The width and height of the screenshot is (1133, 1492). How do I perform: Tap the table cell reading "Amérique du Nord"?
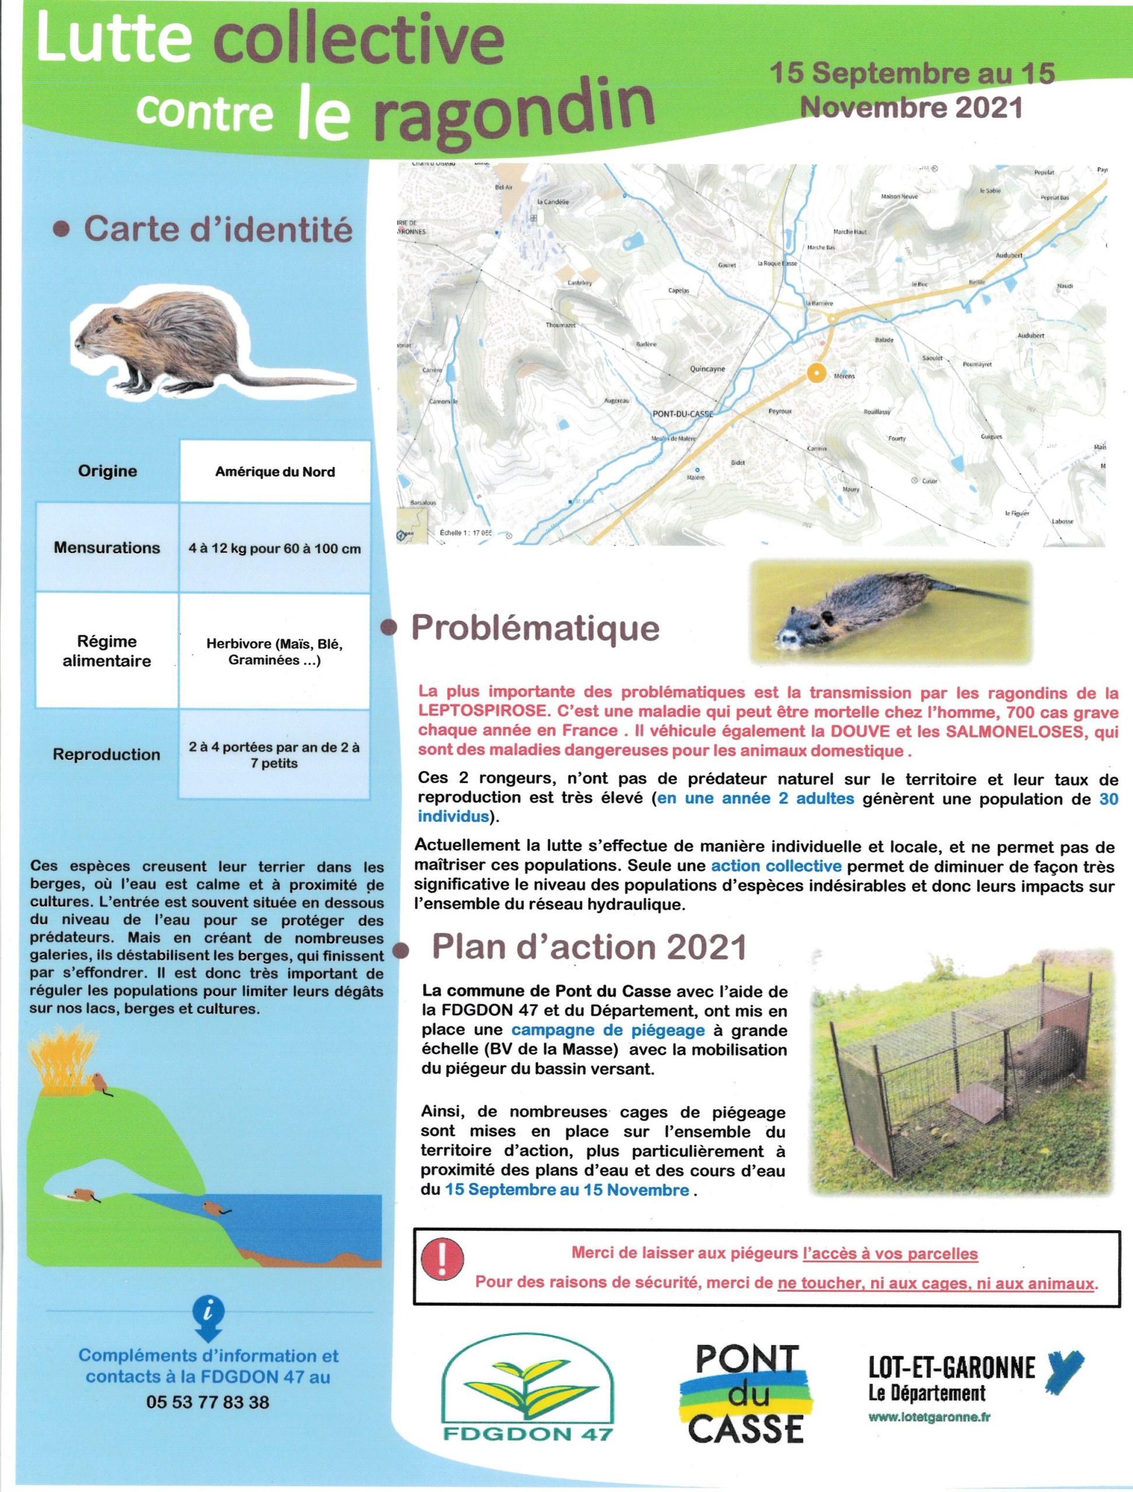[275, 471]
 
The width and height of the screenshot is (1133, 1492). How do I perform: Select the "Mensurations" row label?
[107, 547]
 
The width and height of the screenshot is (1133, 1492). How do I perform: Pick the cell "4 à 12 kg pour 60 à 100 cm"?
[275, 548]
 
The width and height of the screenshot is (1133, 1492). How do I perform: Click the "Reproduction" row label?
[107, 754]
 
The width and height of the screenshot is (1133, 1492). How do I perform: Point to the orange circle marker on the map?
[816, 372]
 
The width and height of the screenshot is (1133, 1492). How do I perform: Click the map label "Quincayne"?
[708, 369]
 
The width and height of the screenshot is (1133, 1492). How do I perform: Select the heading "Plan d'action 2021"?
[589, 948]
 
